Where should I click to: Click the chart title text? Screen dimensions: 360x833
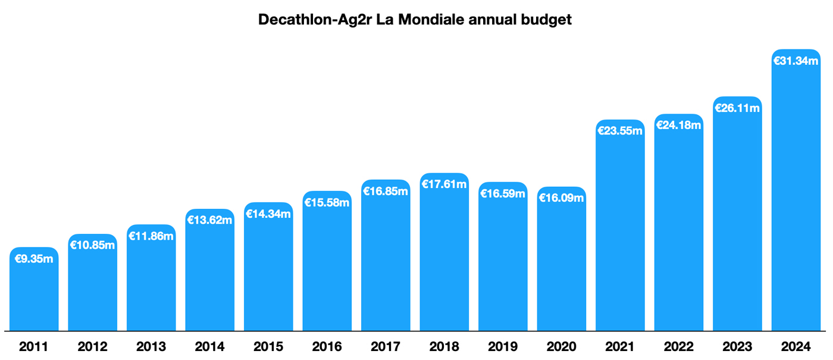point(415,20)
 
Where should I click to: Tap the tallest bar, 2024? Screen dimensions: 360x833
point(796,196)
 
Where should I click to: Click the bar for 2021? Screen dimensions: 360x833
point(620,232)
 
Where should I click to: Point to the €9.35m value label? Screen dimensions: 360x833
point(34,259)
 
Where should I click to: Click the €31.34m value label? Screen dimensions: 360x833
point(796,61)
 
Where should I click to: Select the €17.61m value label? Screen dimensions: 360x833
point(444,184)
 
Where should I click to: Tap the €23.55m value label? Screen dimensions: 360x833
point(620,131)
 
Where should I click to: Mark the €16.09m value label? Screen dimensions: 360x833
point(561,198)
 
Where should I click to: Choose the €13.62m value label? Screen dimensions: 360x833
point(209,220)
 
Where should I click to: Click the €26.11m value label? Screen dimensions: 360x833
point(737,108)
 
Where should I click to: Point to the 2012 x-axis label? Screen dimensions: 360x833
point(92,347)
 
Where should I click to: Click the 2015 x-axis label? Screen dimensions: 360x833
point(268,347)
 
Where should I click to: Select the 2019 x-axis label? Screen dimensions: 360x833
point(503,347)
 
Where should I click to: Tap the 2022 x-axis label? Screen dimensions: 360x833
point(678,347)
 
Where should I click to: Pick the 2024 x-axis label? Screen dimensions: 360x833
point(796,347)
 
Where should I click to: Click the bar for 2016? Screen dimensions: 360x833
point(327,268)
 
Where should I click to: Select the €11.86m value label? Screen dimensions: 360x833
point(151,236)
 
